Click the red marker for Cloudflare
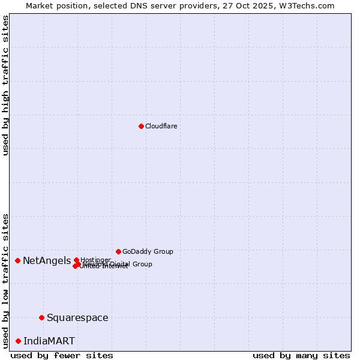pyautogui.click(x=141, y=126)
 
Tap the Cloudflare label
pyautogui.click(x=161, y=126)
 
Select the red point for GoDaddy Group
pyautogui.click(x=118, y=251)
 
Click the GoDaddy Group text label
pyautogui.click(x=148, y=251)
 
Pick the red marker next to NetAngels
pyautogui.click(x=18, y=260)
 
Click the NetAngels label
pyautogui.click(x=47, y=260)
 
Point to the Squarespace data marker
pyautogui.click(x=41, y=317)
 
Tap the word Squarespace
pyautogui.click(x=77, y=317)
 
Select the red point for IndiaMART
pyautogui.click(x=18, y=341)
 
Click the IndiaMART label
pyautogui.click(x=49, y=341)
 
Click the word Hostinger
pyautogui.click(x=95, y=260)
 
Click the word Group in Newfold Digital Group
pyautogui.click(x=142, y=264)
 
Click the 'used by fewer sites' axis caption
pyautogui.click(x=62, y=355)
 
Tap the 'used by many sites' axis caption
pyautogui.click(x=301, y=355)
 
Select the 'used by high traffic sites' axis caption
pyautogui.click(x=5, y=85)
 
